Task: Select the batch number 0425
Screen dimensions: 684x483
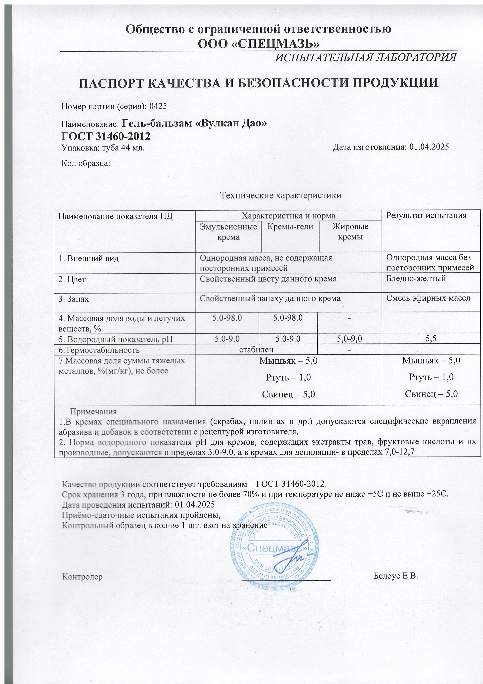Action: tap(158, 106)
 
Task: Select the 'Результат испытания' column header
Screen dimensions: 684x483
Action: tap(426, 215)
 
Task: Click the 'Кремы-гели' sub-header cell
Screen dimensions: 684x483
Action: tap(290, 227)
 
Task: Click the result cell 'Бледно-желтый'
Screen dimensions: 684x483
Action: tap(416, 279)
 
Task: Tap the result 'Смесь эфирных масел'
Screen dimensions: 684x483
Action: tap(428, 298)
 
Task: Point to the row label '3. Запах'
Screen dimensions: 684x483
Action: tap(73, 299)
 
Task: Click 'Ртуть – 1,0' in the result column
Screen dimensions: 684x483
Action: tap(431, 377)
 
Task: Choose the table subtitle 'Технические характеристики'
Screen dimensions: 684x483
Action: tap(280, 195)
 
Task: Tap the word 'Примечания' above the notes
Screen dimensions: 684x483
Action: tap(93, 412)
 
